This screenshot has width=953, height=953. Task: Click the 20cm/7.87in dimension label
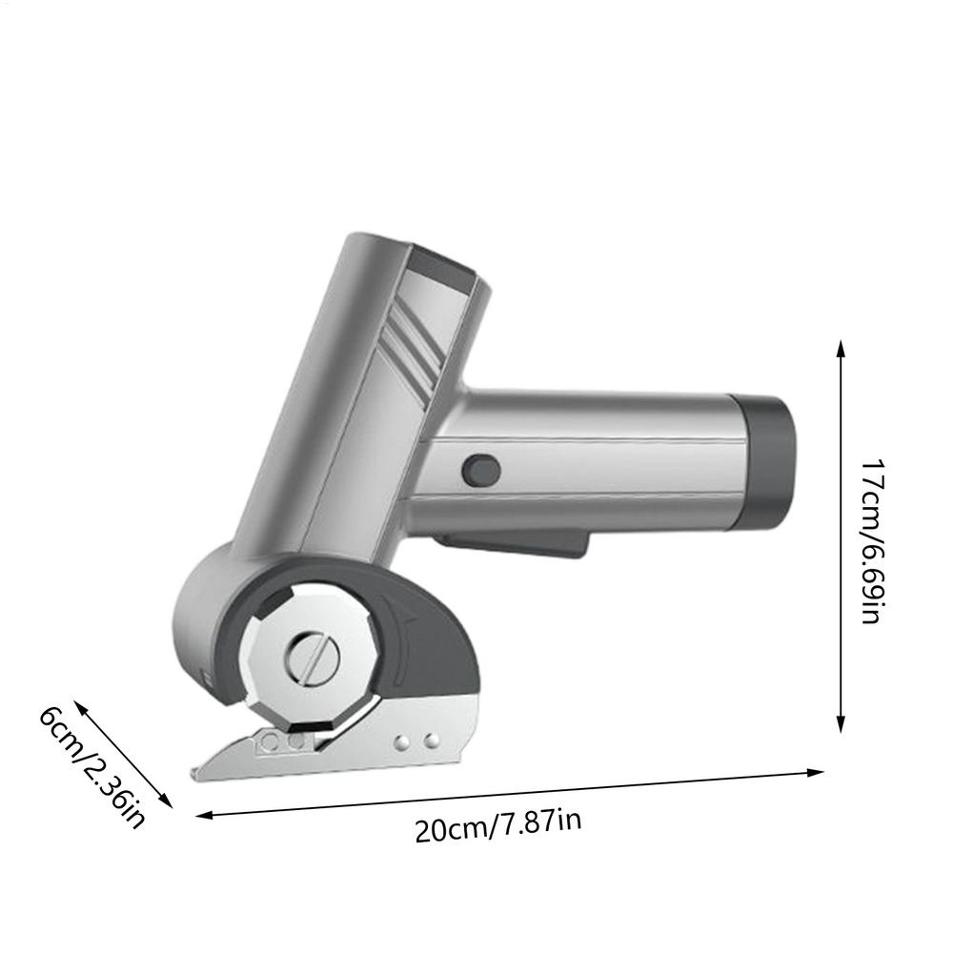click(x=497, y=824)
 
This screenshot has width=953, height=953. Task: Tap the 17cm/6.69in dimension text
click(x=872, y=540)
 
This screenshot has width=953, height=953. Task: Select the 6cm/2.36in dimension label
click(x=91, y=767)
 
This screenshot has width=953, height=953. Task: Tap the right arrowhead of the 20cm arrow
click(x=815, y=773)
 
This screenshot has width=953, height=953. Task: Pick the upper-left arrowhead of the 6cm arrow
click(x=80, y=706)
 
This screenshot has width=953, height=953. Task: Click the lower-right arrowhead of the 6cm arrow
click(x=167, y=801)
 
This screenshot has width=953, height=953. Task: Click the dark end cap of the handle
click(x=764, y=461)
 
